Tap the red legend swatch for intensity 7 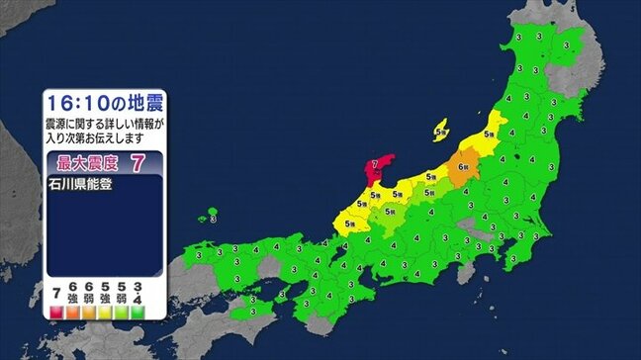tap(55, 312)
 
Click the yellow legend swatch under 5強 tap(105, 312)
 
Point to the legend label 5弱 tap(121, 294)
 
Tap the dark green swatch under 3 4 tap(137, 312)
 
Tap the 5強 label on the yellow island tap(443, 128)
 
